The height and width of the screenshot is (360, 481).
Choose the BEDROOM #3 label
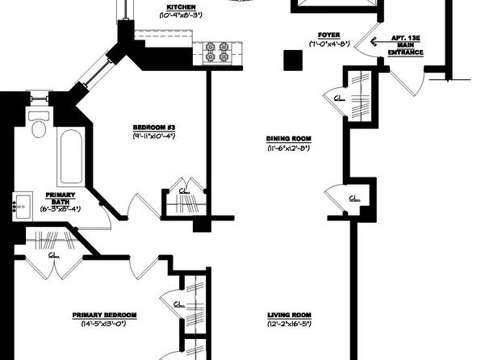[x=156, y=128]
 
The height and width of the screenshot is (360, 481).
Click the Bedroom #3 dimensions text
[x=156, y=137]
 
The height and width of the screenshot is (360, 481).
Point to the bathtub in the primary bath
[x=69, y=157]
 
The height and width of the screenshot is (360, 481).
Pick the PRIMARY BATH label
[x=60, y=198]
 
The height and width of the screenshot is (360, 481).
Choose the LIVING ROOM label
[x=290, y=315]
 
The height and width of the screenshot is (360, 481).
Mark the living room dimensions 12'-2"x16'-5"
[x=290, y=324]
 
